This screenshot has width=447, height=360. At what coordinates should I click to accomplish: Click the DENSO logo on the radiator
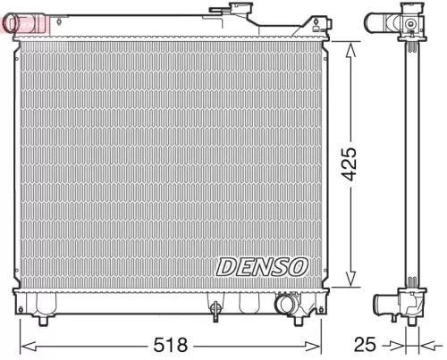coord(262,266)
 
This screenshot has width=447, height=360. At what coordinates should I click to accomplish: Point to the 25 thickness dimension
coord(367,343)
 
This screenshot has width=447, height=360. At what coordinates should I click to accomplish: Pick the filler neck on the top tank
coord(239,13)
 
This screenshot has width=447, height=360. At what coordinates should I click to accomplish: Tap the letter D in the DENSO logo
coord(224,266)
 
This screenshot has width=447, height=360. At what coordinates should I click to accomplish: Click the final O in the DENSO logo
coord(299,266)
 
